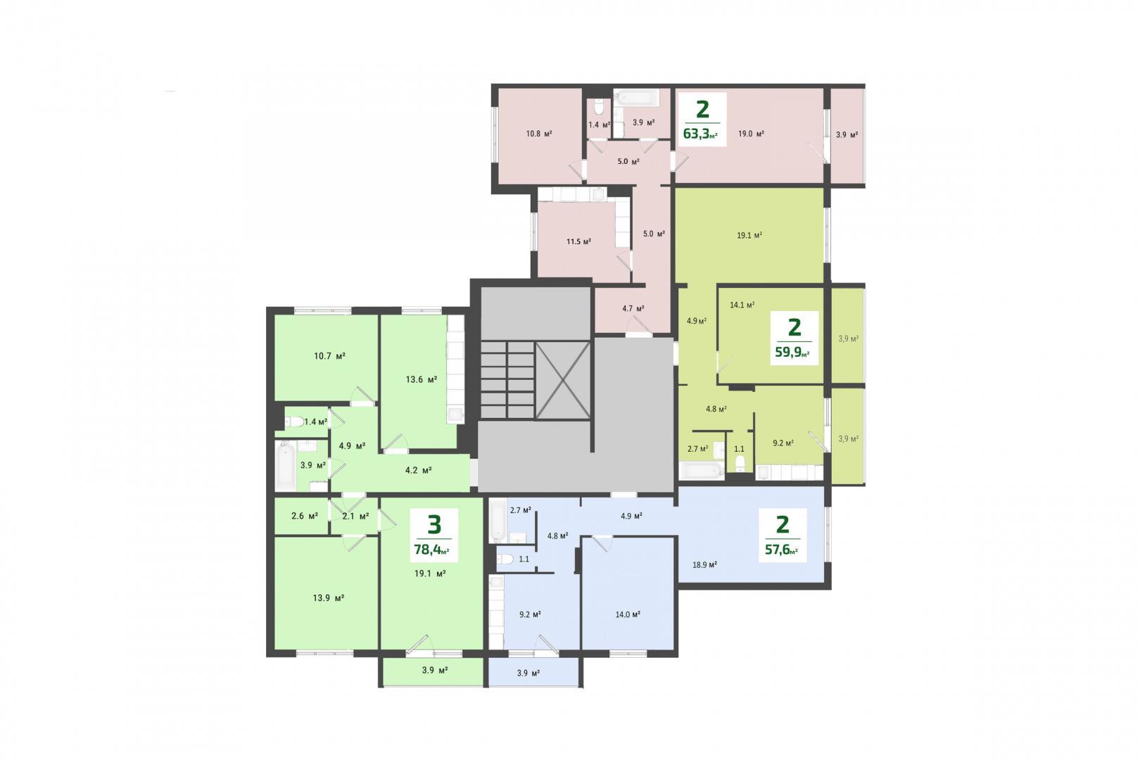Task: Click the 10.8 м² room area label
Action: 539,134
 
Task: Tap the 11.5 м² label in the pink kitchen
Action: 578,241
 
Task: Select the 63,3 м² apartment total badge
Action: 702,120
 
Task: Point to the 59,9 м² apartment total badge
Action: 794,338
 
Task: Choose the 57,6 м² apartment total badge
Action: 783,535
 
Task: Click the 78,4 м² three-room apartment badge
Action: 434,535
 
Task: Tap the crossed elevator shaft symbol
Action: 563,381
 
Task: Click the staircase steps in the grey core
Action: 507,380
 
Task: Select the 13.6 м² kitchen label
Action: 422,379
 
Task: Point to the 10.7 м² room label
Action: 330,356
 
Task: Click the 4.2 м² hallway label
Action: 418,470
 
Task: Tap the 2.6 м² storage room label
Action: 305,516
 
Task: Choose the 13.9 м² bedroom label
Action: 328,598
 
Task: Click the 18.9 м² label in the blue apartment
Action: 705,564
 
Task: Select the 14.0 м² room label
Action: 628,614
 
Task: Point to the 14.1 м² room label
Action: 742,305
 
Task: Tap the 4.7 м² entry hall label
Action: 633,308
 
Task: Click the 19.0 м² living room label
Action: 751,134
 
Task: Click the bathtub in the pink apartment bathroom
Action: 636,97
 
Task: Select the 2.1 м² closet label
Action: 356,517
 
